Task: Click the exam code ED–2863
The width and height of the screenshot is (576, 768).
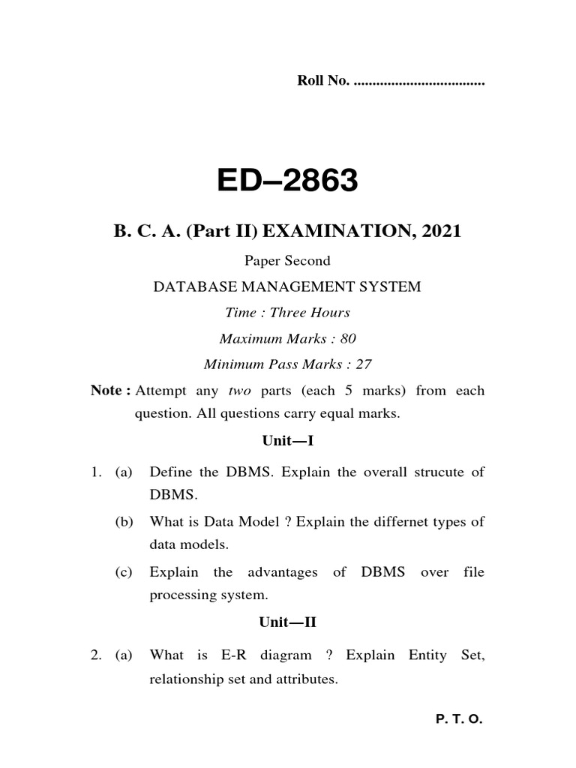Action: [x=287, y=180]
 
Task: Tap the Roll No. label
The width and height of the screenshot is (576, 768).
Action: [x=323, y=81]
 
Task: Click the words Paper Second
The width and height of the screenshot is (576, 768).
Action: [x=287, y=261]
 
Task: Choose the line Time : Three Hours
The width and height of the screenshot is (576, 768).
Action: [x=288, y=312]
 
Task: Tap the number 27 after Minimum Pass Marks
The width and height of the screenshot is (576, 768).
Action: [x=364, y=364]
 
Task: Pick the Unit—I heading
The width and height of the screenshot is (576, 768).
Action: [x=287, y=443]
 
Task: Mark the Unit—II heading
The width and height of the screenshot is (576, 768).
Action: [x=287, y=622]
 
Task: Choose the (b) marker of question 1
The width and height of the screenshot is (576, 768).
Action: [x=124, y=522]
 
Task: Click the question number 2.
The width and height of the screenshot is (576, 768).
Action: [x=95, y=655]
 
